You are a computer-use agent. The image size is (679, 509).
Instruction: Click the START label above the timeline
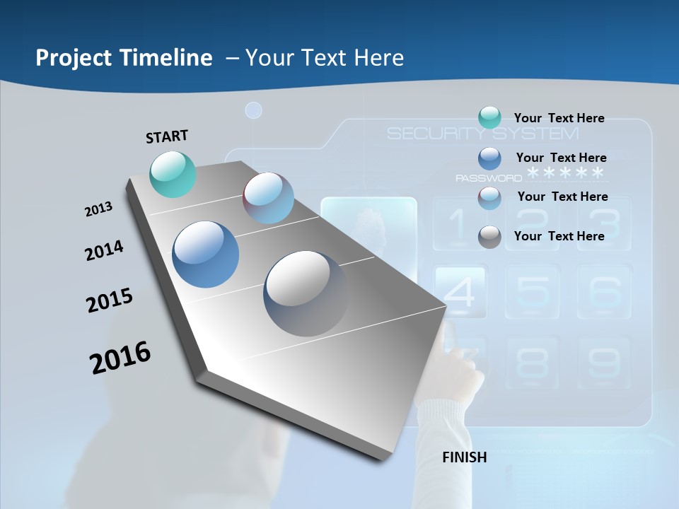(167, 136)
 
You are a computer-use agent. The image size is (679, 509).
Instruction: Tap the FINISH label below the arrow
(465, 457)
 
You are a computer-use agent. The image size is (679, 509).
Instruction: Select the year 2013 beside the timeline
(98, 209)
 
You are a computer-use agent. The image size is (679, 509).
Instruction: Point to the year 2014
(104, 251)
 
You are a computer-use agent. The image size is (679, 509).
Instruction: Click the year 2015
(110, 300)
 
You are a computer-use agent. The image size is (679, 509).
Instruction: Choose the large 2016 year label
(120, 358)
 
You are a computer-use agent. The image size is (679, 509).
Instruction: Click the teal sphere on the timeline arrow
(173, 174)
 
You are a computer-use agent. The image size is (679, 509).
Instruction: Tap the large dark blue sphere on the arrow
(206, 255)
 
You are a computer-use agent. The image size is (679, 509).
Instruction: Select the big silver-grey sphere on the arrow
(306, 293)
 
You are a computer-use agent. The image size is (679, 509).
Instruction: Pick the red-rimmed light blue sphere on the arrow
(269, 198)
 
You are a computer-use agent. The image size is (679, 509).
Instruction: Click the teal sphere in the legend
(489, 118)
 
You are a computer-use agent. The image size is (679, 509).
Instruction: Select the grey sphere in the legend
(489, 237)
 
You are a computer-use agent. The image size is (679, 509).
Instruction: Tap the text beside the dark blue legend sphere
(561, 158)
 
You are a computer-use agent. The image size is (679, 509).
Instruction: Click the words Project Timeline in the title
(124, 58)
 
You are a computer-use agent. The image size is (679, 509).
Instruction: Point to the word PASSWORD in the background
(488, 178)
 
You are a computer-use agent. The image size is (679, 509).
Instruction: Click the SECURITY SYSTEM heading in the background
(482, 134)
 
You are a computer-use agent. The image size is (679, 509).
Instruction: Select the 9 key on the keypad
(604, 362)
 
